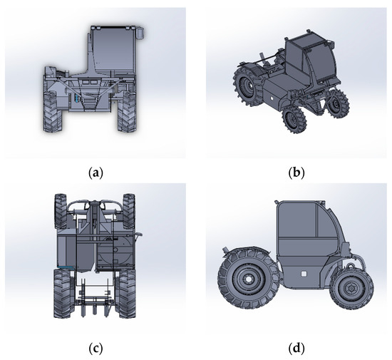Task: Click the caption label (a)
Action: (96, 173)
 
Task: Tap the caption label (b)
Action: (296, 173)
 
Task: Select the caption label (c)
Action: (96, 349)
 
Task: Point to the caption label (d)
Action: (296, 349)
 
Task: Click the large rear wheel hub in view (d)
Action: (248, 278)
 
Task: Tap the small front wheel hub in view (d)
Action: (351, 288)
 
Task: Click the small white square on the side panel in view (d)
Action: (304, 274)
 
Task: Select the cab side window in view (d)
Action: (297, 220)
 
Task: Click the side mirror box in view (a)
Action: (140, 33)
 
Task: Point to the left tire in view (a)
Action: (53, 112)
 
